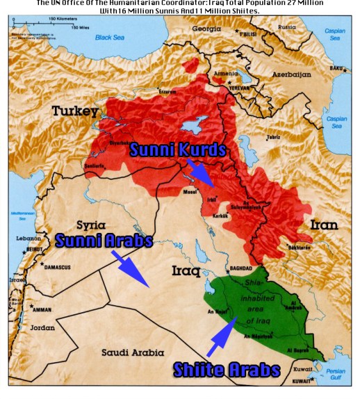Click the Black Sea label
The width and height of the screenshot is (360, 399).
tap(113, 36)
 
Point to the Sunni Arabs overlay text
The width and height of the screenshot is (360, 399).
tap(104, 241)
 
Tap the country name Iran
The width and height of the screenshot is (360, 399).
tap(324, 225)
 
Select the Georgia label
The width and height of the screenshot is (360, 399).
tap(206, 29)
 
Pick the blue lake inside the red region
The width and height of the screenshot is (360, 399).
tap(189, 130)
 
